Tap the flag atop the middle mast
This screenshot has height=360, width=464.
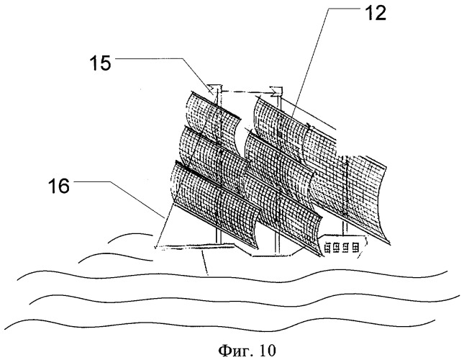tap(274, 90)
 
